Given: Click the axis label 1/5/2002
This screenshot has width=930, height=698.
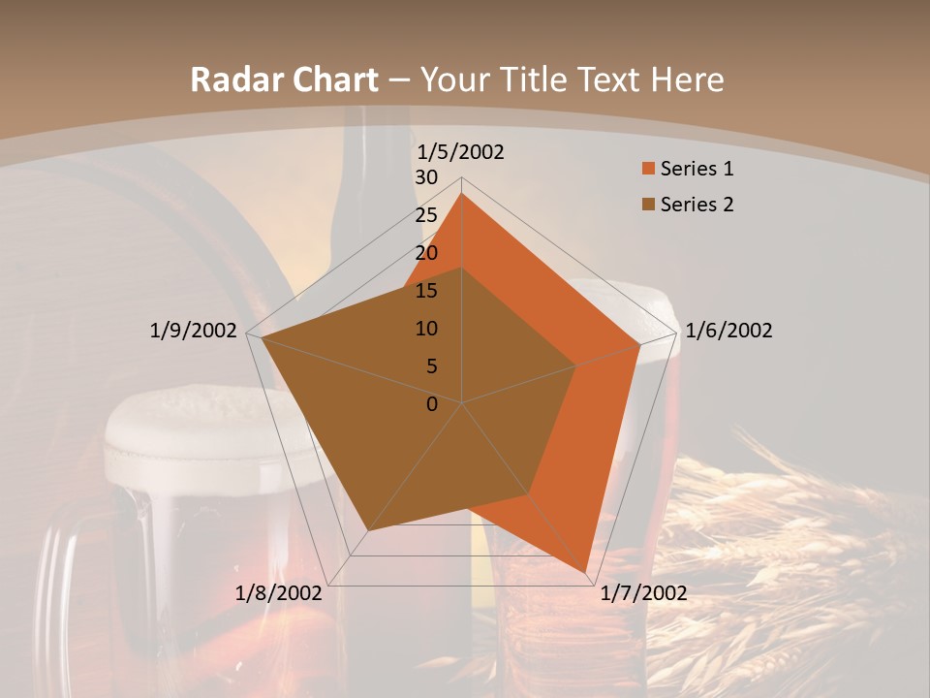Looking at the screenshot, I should [x=460, y=152].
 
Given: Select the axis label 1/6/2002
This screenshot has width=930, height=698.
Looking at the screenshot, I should [x=728, y=331].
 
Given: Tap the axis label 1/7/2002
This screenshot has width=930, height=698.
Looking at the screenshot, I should [x=643, y=593].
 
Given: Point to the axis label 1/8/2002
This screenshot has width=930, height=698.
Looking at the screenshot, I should [x=278, y=593].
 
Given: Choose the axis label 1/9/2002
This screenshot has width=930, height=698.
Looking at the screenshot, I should [x=193, y=331].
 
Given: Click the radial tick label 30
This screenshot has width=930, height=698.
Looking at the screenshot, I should [x=426, y=177].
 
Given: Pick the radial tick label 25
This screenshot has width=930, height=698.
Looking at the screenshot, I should [x=426, y=215].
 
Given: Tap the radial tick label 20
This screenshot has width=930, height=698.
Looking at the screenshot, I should [x=426, y=253].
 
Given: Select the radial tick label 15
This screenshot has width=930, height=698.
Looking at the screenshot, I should [x=426, y=291].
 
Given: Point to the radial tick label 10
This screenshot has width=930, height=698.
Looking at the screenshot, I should [x=426, y=329].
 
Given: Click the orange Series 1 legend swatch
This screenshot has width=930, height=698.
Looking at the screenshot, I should [x=648, y=170].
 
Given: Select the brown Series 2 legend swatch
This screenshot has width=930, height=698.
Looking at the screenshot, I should [x=648, y=205].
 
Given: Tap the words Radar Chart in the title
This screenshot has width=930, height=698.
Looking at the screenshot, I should [x=284, y=80].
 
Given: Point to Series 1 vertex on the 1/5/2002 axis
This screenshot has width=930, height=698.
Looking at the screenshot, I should [x=461, y=193].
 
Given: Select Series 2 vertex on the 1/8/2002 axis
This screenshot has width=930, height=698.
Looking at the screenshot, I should [x=368, y=530].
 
